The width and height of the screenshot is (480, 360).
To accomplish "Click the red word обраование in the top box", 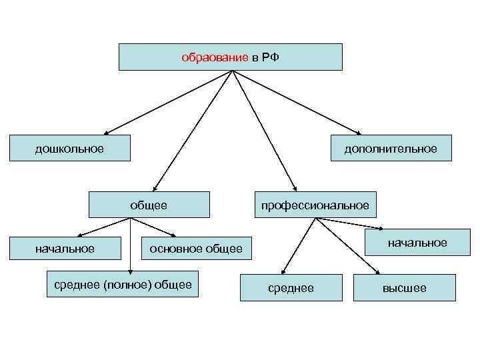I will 215,58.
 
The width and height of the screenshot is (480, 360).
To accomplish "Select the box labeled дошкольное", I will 69,148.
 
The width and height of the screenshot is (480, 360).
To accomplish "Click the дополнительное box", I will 391,148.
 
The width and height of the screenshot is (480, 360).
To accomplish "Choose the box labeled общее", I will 149,205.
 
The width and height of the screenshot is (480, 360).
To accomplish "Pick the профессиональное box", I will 315,205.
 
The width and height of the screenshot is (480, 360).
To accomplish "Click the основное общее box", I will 196,249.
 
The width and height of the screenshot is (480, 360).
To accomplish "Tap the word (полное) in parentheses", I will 127,285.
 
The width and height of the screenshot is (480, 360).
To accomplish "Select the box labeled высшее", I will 404,288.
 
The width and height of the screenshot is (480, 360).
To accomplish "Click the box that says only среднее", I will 291,288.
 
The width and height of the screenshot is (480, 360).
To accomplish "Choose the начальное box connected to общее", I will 65,249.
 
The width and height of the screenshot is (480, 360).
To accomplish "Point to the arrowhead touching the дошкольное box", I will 107,132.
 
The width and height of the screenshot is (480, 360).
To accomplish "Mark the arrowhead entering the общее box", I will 155,189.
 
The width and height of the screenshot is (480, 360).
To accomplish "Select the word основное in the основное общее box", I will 176,249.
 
